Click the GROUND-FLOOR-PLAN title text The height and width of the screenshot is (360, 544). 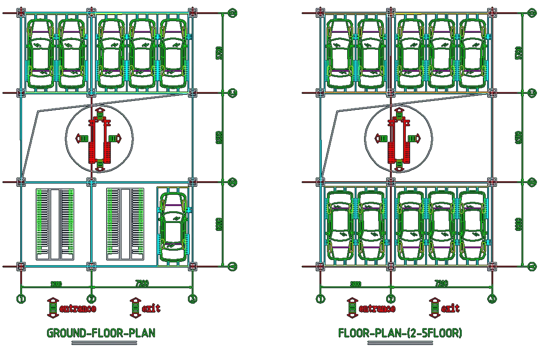101,333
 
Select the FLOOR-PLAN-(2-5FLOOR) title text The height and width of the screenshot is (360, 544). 400,333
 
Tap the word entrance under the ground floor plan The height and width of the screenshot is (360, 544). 78,308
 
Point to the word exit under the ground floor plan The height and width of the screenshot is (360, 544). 151,308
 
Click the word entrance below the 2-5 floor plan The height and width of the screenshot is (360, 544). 377,308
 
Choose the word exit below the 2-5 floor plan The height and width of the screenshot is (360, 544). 450,308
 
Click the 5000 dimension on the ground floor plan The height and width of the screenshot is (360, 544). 56,283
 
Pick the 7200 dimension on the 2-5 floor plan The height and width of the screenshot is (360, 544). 441,283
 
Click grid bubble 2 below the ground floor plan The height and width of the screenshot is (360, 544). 92,299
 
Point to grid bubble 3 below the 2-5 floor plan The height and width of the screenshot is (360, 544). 492,299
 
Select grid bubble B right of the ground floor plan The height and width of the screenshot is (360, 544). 232,182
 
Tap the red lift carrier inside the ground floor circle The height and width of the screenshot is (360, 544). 100,138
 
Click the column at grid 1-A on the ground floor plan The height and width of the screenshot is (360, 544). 21,267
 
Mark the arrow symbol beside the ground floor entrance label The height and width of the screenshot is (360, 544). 53,307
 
